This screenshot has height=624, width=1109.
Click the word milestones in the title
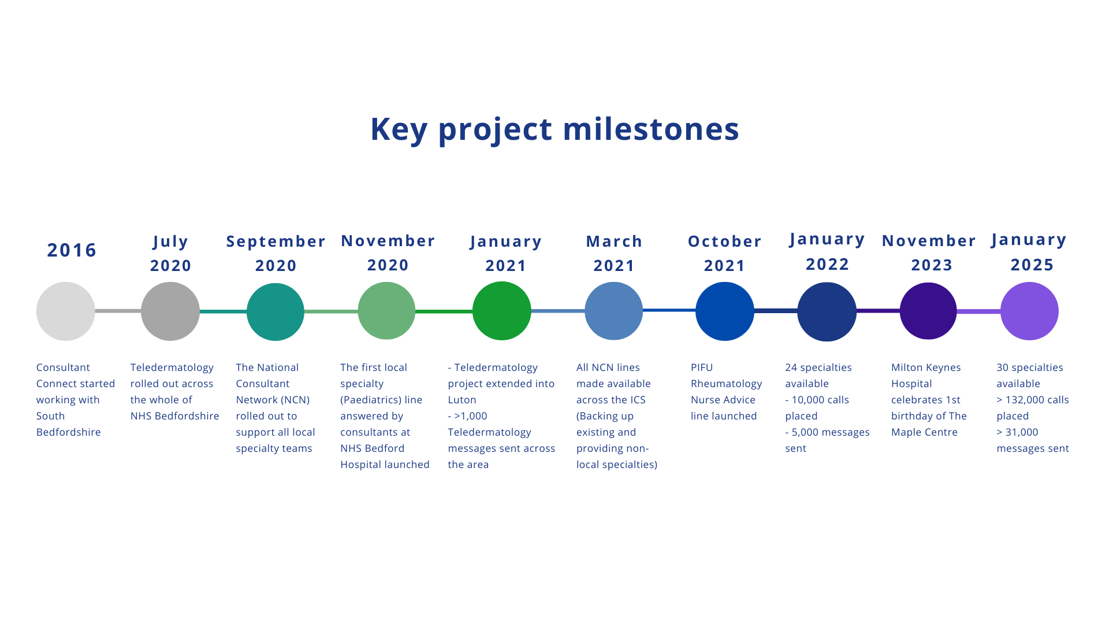(x=651, y=128)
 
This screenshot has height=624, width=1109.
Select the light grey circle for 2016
(x=66, y=311)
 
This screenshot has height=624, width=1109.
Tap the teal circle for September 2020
(x=276, y=312)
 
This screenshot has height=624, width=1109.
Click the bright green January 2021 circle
(x=502, y=311)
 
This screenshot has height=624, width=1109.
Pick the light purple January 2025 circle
(x=1029, y=311)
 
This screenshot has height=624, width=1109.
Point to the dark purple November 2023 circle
(x=928, y=311)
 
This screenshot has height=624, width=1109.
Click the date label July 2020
(x=171, y=254)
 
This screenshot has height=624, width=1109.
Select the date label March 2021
(x=614, y=254)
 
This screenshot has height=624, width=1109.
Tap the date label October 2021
(x=725, y=254)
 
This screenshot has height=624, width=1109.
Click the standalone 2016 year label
(x=72, y=250)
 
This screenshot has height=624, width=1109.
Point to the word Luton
(x=462, y=400)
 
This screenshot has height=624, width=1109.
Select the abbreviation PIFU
(x=702, y=367)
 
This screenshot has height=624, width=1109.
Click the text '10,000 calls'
(x=820, y=400)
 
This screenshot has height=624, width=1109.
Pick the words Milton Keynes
(x=926, y=367)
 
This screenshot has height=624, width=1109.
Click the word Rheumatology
(x=727, y=384)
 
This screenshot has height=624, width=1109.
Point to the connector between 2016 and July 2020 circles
(x=118, y=311)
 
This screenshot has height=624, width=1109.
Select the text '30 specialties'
(x=1030, y=367)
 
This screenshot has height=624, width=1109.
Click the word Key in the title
(x=399, y=128)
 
